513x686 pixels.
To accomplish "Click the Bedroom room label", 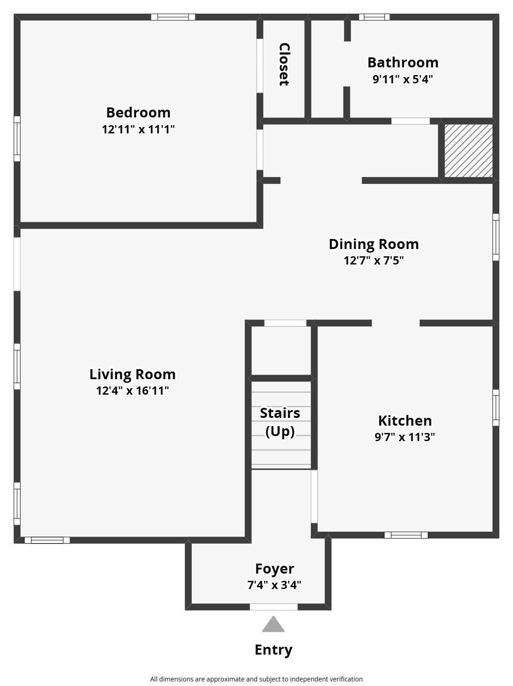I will [138, 112].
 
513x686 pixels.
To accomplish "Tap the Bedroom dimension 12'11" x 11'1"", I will [138, 129].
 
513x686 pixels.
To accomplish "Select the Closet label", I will [284, 64].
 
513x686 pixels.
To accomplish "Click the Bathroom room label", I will [403, 62].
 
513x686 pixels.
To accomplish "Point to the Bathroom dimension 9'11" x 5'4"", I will [403, 79].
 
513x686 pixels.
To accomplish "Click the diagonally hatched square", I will [468, 151].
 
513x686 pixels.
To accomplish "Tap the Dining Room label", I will [374, 244].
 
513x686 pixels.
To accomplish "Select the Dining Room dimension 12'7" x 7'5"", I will [374, 260].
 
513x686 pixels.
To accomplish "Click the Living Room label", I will [133, 374].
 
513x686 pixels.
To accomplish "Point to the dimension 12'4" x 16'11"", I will [133, 391].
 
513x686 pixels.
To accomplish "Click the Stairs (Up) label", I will [280, 422].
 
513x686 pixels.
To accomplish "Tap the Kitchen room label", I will [405, 420].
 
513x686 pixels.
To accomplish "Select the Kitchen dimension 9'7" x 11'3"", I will [405, 437].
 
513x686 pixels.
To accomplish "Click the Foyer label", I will [274, 569].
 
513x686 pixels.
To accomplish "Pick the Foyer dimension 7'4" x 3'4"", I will [274, 585].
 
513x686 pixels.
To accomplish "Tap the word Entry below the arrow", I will [273, 650].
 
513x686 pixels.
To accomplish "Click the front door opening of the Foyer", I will [273, 607].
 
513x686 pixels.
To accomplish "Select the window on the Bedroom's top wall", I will [173, 17].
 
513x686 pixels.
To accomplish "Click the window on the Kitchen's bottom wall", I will [406, 535].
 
